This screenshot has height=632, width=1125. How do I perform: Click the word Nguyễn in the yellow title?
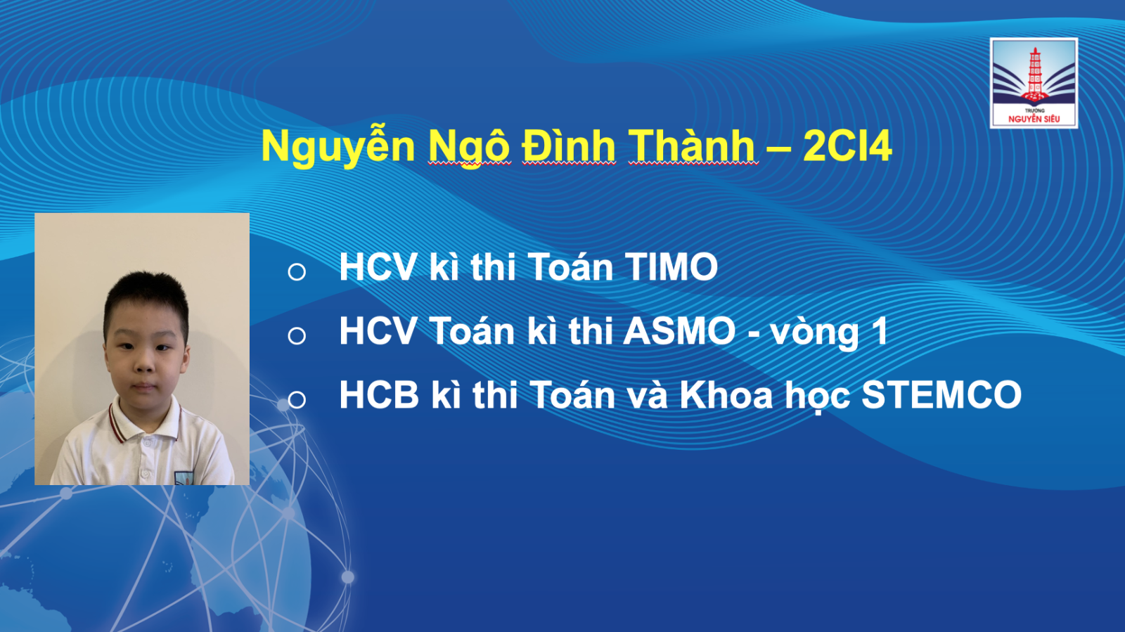338,148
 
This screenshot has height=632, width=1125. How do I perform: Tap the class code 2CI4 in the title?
847,146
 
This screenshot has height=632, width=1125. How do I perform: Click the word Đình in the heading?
569,146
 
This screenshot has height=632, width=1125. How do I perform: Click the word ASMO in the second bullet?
679,331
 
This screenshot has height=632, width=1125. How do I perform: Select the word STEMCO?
941,395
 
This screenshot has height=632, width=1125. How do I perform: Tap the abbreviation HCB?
379,395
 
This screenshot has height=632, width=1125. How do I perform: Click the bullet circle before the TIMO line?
297,271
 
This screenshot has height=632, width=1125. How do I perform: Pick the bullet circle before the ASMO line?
297,336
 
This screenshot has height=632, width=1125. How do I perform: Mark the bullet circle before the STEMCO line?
297,400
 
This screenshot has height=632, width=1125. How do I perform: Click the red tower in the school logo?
1034,75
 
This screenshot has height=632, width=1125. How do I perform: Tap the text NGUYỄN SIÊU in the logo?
1034,119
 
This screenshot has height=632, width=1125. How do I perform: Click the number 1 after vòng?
879,331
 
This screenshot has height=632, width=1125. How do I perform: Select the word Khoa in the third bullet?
726,395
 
